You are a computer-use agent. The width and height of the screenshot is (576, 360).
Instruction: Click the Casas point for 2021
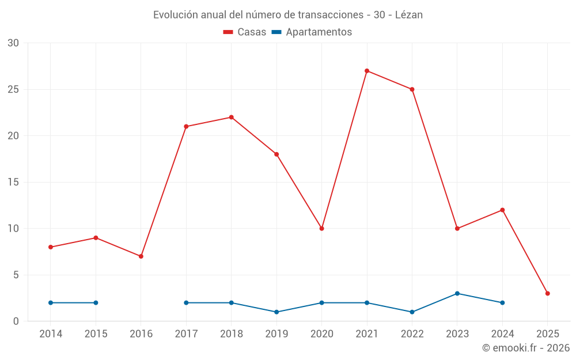(x=367, y=71)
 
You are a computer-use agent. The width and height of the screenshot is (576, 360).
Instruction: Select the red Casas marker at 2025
(x=547, y=293)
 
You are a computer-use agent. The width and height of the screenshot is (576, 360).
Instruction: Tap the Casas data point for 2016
(x=141, y=256)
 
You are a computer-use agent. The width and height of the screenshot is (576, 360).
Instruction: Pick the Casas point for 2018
(x=232, y=117)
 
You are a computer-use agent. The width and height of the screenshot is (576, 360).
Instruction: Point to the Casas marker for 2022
(x=412, y=89)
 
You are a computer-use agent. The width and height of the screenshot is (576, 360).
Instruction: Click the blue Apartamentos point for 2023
(x=457, y=293)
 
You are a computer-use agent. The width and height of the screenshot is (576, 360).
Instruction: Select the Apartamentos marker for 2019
(x=276, y=312)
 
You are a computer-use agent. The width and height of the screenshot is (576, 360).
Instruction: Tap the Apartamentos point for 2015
(x=96, y=302)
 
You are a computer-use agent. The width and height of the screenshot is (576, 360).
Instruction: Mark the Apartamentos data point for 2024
(x=502, y=302)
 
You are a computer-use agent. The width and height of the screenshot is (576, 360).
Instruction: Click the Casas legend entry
(x=245, y=32)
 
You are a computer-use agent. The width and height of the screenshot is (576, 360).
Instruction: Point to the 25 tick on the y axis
(x=13, y=89)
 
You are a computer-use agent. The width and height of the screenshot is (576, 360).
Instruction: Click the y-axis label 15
(x=13, y=182)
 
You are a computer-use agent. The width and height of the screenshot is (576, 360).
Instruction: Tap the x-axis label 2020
(x=321, y=334)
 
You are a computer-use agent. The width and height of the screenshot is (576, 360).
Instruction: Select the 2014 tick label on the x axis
(x=51, y=334)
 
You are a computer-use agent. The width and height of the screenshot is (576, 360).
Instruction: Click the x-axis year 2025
(x=547, y=334)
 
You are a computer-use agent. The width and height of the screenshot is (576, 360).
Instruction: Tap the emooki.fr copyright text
(x=526, y=348)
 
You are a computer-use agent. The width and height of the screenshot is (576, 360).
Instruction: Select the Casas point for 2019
(x=276, y=154)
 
